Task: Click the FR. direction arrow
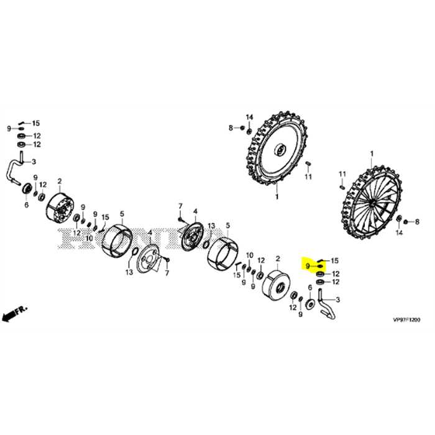(12, 315)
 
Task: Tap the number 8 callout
(231, 128)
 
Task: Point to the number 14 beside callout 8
(249, 117)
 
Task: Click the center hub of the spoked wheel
(371, 203)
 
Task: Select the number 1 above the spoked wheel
(372, 153)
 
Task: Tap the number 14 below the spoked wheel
(400, 232)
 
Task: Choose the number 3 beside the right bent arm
(337, 300)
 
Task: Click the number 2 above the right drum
(277, 258)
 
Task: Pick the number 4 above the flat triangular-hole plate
(149, 232)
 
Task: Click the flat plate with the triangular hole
(149, 259)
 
